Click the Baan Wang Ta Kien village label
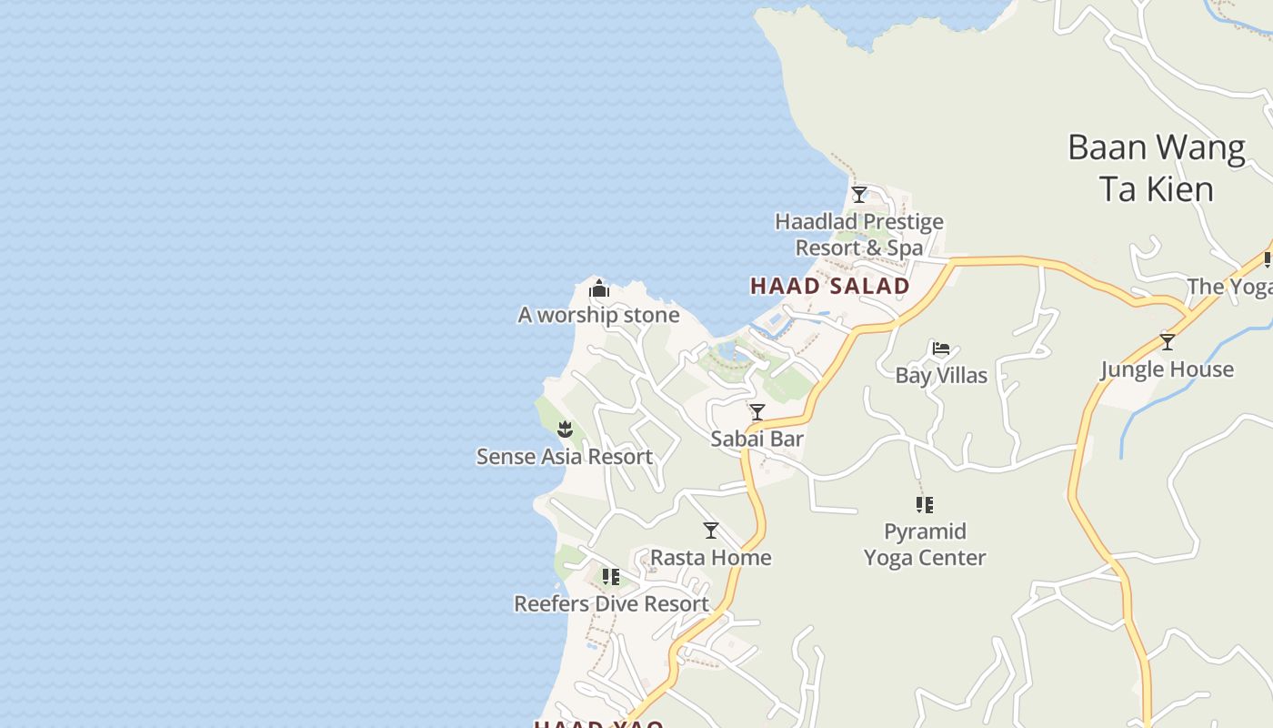click(1156, 168)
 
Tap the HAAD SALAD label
click(829, 286)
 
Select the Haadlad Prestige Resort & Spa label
click(858, 235)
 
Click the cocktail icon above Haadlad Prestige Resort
click(858, 194)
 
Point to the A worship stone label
click(598, 315)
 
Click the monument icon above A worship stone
click(598, 290)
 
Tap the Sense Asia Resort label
click(565, 456)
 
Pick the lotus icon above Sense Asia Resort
click(565, 429)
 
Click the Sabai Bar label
click(757, 439)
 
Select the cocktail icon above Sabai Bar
click(757, 412)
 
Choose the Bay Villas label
click(941, 375)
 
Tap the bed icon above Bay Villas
click(941, 349)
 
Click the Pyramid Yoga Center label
click(925, 544)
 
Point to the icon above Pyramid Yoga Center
click(925, 504)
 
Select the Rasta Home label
click(710, 557)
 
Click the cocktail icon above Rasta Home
click(711, 531)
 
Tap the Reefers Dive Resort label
click(611, 603)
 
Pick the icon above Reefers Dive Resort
click(611, 577)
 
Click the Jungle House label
click(1167, 369)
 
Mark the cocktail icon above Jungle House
click(1168, 342)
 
